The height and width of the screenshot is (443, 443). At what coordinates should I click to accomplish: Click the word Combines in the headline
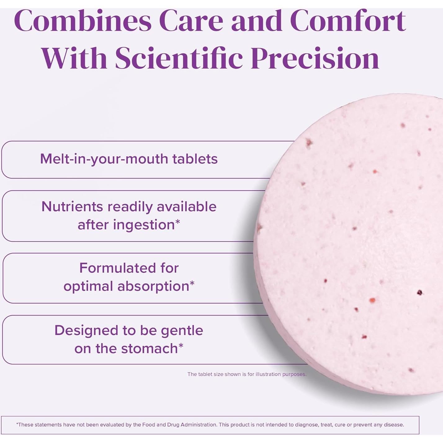[83, 21]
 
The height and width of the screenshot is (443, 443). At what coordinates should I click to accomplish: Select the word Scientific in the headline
[179, 57]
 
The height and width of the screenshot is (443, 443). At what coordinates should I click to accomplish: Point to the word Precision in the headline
[315, 57]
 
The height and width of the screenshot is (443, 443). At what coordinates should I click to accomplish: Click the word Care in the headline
[191, 21]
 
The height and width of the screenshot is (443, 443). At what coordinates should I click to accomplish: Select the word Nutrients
[72, 206]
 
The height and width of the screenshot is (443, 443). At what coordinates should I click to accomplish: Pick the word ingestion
[144, 225]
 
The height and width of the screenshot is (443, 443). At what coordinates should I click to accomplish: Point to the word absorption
[153, 286]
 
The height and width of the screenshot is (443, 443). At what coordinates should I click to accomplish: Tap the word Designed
[86, 330]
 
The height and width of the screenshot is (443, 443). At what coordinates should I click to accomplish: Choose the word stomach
[150, 348]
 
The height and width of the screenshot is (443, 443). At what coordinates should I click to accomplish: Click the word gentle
[182, 331]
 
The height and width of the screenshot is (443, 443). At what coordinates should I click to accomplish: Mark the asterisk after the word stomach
[181, 345]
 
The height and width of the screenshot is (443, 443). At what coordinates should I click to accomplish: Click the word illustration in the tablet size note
[268, 374]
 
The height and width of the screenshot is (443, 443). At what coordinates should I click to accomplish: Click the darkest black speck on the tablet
[419, 293]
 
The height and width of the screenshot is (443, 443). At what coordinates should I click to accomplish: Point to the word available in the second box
[186, 206]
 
